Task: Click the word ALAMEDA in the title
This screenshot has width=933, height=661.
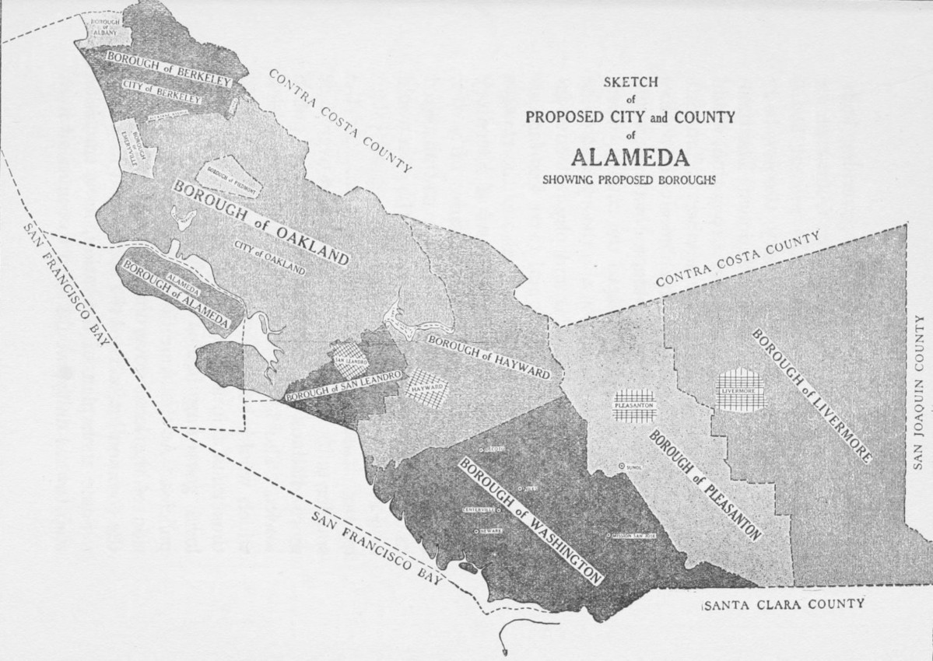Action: [x=630, y=157]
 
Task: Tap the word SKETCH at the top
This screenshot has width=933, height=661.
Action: [x=630, y=82]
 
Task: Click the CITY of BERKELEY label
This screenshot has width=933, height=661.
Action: [x=161, y=92]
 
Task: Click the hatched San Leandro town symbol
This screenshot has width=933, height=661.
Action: [x=349, y=362]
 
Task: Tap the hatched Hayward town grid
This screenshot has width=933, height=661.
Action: [x=426, y=386]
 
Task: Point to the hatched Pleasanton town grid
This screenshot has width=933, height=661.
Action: [x=634, y=405]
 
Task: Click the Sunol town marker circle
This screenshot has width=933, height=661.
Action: [x=622, y=467]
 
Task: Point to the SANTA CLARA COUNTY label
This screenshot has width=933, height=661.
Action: [x=782, y=604]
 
